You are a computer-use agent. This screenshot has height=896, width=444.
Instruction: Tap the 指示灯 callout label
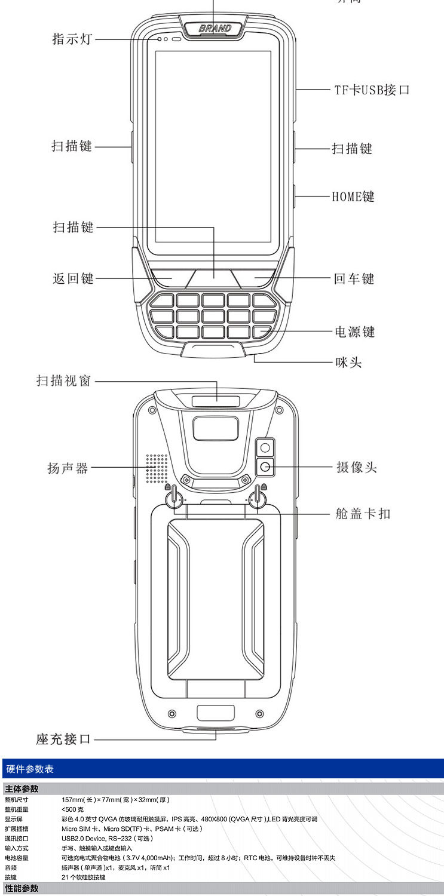point(72,39)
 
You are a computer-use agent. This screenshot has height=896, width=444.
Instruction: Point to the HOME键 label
point(353,196)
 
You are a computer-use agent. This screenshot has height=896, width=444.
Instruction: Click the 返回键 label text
point(73,278)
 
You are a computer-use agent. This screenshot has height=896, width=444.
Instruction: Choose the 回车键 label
point(354,278)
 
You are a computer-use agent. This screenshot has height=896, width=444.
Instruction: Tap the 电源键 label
point(354,332)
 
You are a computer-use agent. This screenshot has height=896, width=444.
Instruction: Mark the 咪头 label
point(348,361)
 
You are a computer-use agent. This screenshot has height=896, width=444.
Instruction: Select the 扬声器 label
point(68,468)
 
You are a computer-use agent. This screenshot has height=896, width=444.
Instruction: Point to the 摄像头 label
point(357,467)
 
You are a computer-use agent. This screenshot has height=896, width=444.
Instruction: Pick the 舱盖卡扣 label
point(363,513)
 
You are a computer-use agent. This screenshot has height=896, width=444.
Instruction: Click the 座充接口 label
point(63,739)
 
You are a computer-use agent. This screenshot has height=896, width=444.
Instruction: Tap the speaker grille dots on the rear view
point(157,468)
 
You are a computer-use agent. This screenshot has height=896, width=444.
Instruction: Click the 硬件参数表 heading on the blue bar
point(29,769)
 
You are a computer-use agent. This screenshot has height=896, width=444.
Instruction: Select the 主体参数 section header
point(22,789)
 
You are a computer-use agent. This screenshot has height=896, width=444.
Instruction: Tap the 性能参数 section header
point(22,888)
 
